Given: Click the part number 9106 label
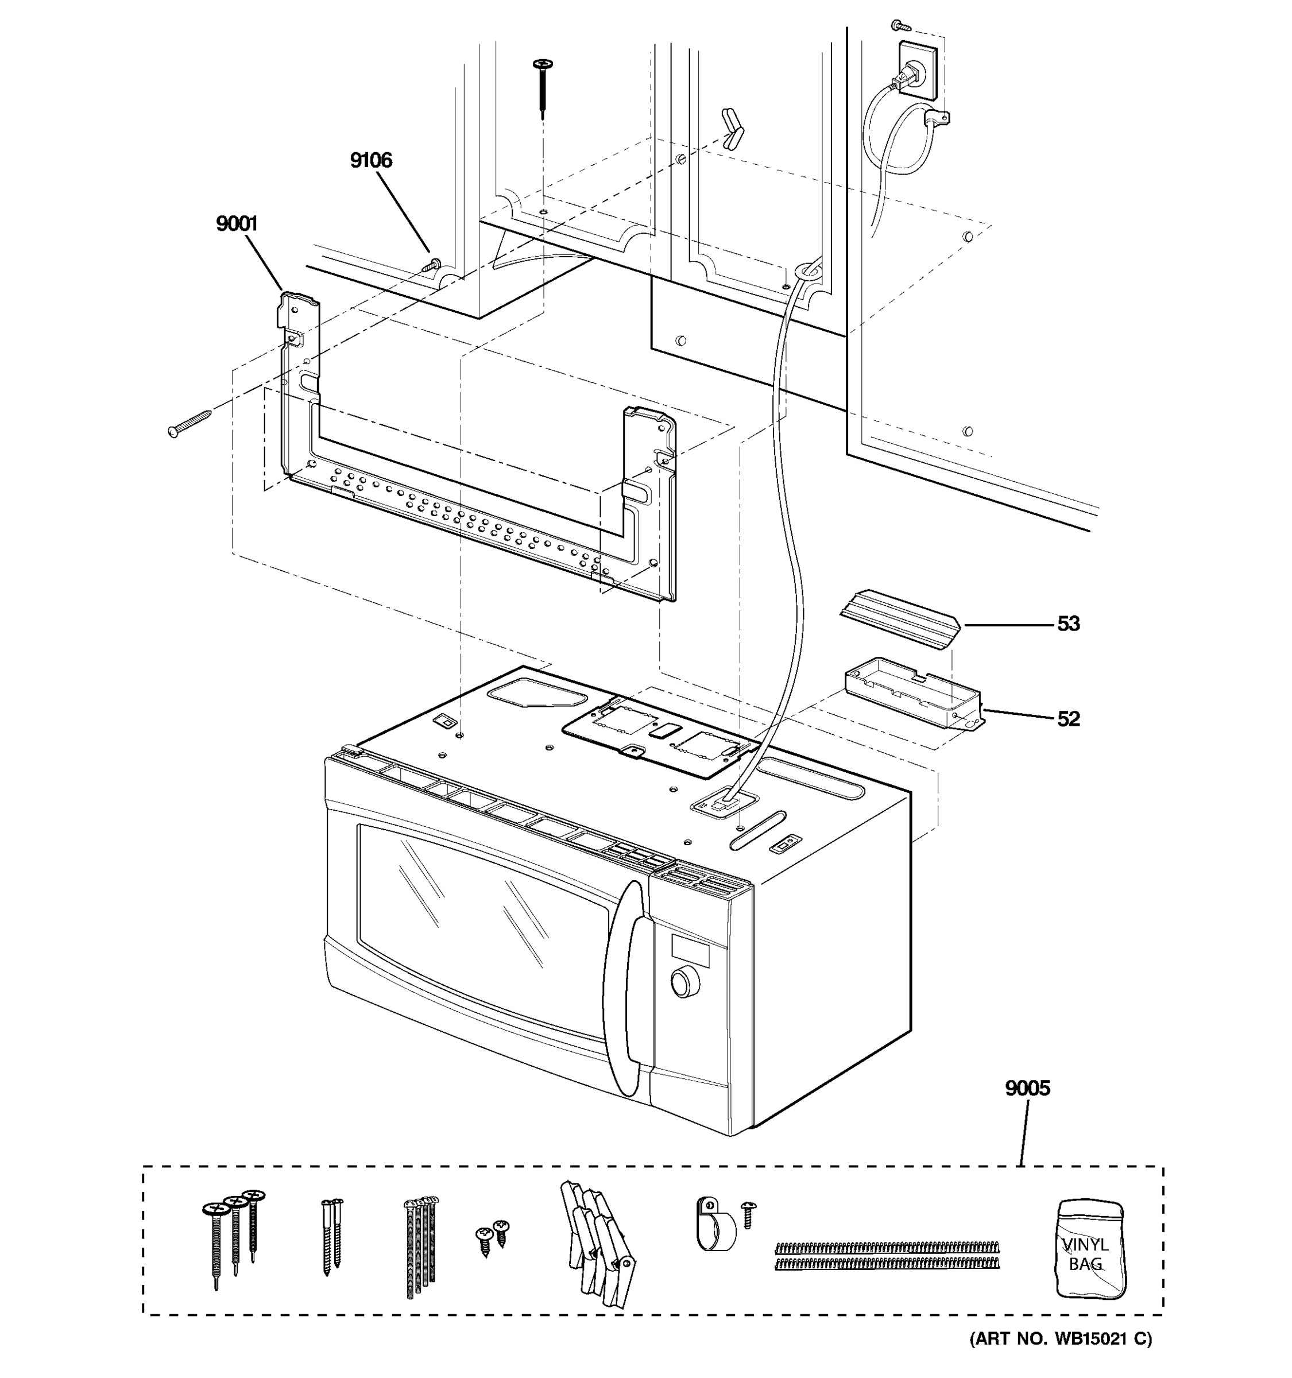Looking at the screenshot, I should (x=371, y=161).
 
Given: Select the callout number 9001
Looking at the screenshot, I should (x=237, y=224).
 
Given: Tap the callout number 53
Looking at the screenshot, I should (x=1068, y=624).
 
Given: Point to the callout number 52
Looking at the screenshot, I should (x=1068, y=719).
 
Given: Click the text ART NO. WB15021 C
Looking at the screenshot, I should (x=1060, y=1357).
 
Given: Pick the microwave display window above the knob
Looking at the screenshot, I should (x=690, y=949).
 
